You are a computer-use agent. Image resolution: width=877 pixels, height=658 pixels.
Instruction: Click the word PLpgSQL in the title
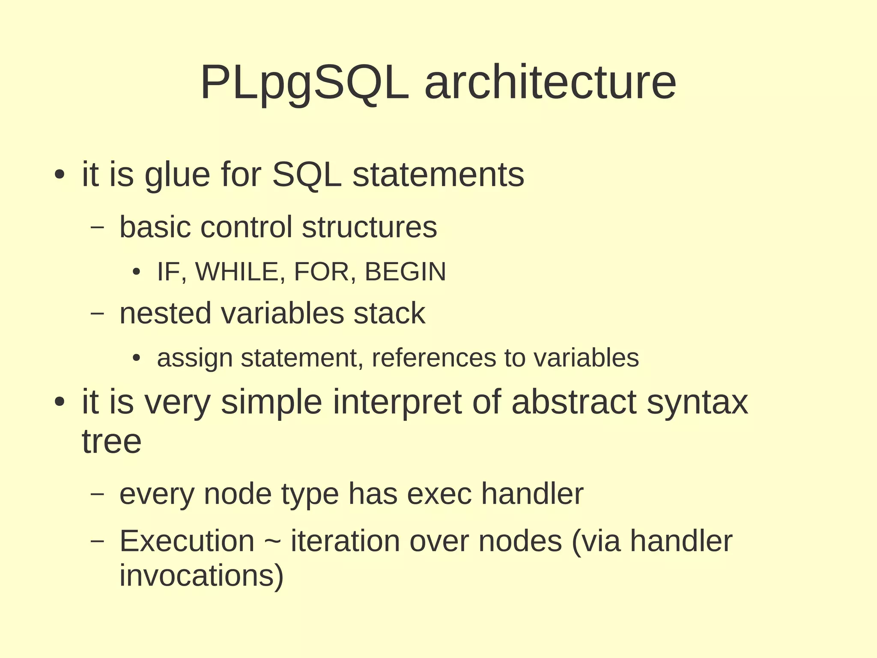304,83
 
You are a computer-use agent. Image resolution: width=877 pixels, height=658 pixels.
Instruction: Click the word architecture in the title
550,83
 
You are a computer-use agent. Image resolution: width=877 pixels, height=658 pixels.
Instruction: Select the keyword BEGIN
405,271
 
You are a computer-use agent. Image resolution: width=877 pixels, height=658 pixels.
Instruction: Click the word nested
165,313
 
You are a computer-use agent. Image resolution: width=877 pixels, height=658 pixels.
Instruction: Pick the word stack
389,313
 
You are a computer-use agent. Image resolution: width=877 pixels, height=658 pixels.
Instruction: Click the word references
434,358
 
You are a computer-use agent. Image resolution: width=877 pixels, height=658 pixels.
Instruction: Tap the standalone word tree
111,441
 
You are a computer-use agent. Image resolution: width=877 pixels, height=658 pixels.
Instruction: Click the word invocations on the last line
201,575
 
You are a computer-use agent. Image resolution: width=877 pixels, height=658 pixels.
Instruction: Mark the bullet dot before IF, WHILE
136,272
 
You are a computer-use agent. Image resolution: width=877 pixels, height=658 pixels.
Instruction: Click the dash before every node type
98,494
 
